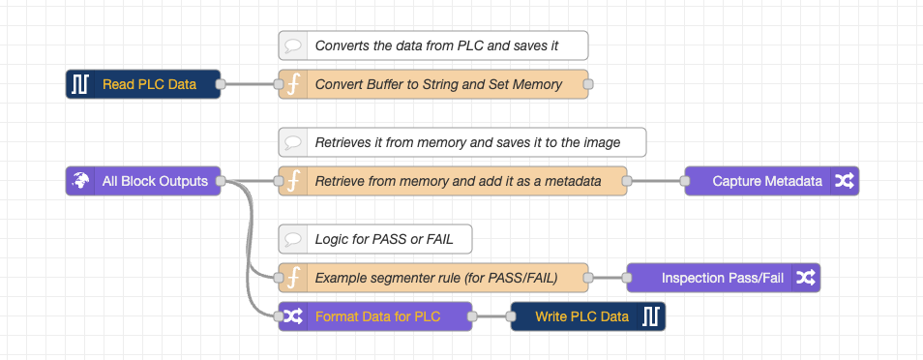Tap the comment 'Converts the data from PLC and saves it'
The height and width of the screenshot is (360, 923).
pos(436,45)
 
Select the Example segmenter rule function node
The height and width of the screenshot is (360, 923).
pos(435,278)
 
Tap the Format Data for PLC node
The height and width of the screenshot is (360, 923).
pos(377,316)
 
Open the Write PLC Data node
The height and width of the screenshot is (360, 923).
pos(581,316)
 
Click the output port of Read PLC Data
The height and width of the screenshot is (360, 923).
pos(221,84)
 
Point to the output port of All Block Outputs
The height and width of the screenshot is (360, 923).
pos(221,181)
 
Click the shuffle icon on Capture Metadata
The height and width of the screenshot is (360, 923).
pos(844,181)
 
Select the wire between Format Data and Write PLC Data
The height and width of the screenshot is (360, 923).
pos(491,316)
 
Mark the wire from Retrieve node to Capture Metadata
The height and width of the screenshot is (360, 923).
pos(656,181)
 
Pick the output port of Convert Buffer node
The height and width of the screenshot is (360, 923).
pos(588,84)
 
